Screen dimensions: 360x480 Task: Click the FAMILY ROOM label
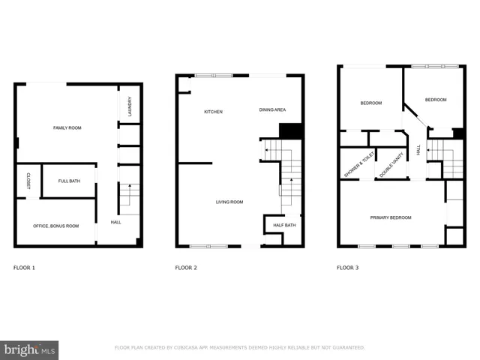67,128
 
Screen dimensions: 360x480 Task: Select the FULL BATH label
67,181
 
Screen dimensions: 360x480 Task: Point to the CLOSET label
28,181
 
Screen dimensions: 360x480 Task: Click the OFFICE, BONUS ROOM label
55,226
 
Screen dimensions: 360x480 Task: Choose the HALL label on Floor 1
116,222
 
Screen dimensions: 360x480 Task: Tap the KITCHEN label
214,112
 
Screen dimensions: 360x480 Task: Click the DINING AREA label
272,110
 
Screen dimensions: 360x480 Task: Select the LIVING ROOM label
229,202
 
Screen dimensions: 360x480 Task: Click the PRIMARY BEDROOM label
391,217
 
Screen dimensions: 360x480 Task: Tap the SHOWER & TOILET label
358,164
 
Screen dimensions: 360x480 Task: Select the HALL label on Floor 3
418,151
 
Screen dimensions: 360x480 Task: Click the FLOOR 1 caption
25,268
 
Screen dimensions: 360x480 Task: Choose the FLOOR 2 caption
186,268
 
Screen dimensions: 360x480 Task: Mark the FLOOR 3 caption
347,268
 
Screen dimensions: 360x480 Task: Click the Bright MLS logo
30,349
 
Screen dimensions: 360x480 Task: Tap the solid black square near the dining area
290,130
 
